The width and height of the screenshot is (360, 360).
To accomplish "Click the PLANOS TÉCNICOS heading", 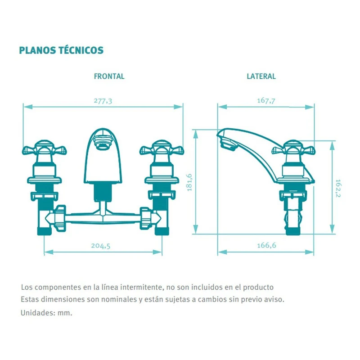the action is [61, 50].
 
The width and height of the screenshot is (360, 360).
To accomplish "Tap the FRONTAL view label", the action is [109, 76].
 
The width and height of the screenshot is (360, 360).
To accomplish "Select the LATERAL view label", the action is [261, 76].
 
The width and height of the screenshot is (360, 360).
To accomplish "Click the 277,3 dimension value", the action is [103, 101].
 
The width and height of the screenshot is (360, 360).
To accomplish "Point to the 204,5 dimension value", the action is [100, 246].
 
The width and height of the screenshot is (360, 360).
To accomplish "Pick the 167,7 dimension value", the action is [266, 100].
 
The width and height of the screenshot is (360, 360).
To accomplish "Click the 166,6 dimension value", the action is [266, 245].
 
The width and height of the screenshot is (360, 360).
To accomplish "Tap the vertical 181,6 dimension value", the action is [189, 183].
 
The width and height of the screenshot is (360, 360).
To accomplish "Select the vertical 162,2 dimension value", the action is [338, 188].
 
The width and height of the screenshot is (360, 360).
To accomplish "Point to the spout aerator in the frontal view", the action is [103, 143].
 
